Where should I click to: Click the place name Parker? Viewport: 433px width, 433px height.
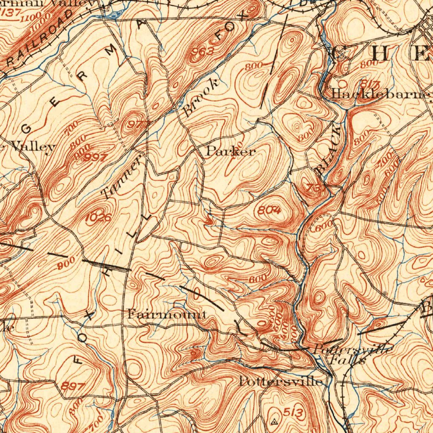click(x=230, y=151)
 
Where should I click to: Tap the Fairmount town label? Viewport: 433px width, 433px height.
click(x=167, y=314)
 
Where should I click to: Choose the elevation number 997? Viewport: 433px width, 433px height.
click(x=95, y=157)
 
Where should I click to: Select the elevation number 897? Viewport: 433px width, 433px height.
click(x=73, y=386)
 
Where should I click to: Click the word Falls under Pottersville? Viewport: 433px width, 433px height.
click(x=347, y=361)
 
